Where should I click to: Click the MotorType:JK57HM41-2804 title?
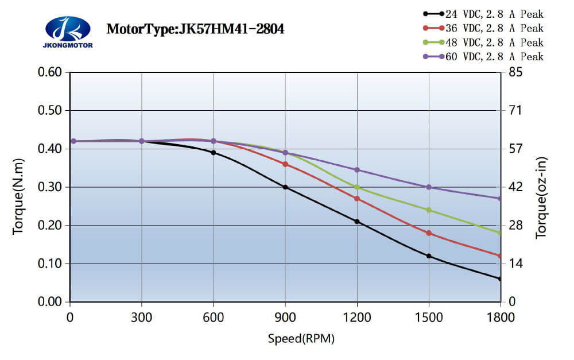pyautogui.click(x=195, y=29)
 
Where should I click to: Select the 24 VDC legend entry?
pyautogui.click(x=494, y=13)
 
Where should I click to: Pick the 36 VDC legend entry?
pyautogui.click(x=494, y=28)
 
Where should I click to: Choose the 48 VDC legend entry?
pyautogui.click(x=494, y=42)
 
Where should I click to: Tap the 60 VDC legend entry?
pyautogui.click(x=494, y=56)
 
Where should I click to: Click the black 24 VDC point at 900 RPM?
pyautogui.click(x=285, y=187)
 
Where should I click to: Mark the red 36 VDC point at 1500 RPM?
pyautogui.click(x=429, y=233)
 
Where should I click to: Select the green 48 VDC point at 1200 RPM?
pyautogui.click(x=357, y=187)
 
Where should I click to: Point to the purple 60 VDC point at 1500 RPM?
pyautogui.click(x=429, y=187)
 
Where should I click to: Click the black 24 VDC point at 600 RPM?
pyautogui.click(x=214, y=153)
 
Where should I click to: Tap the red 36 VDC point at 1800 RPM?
pyautogui.click(x=500, y=256)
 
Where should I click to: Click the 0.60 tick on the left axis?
pyautogui.click(x=49, y=72)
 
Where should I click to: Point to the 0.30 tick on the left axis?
pyautogui.click(x=49, y=187)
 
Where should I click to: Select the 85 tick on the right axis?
pyautogui.click(x=515, y=72)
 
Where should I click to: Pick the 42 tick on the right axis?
pyautogui.click(x=515, y=187)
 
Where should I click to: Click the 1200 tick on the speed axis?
pyautogui.click(x=357, y=316)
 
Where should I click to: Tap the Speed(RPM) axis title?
pyautogui.click(x=301, y=338)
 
